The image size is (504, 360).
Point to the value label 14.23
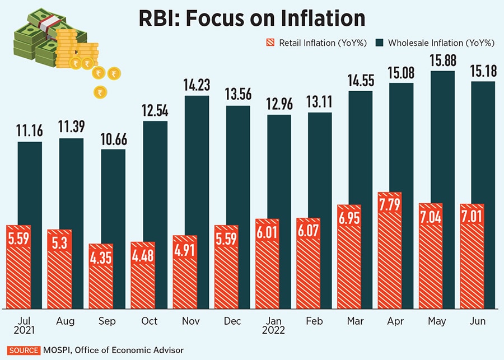click(x=197, y=85)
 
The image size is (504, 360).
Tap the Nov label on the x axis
click(x=191, y=321)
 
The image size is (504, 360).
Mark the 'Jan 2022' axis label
click(x=273, y=325)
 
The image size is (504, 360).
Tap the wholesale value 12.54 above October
click(x=155, y=110)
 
